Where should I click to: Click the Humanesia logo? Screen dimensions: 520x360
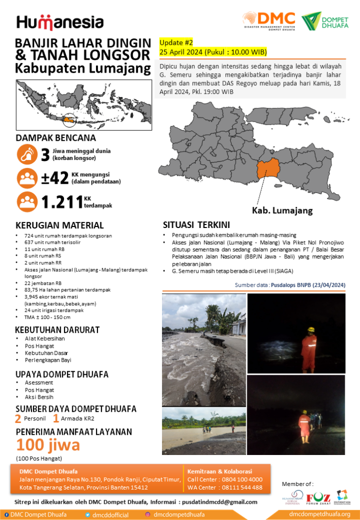coord(60,22)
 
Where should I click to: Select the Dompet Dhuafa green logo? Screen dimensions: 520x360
coord(325,21)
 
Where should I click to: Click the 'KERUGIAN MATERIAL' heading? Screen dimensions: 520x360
coord(59,225)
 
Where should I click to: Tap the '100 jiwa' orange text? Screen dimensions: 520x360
coord(48,445)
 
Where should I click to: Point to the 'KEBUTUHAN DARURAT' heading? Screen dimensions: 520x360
coord(57,330)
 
